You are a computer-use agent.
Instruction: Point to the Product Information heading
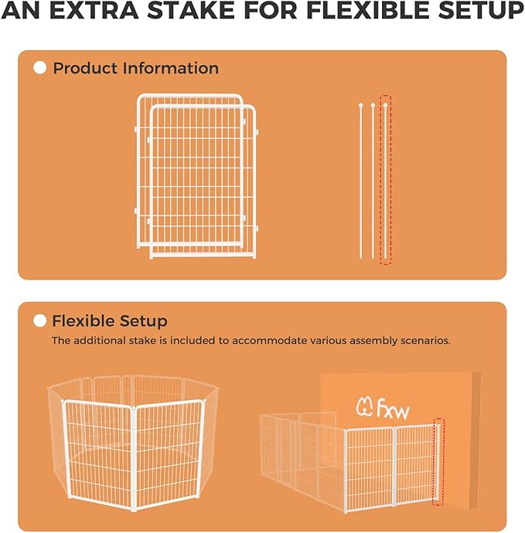point(135,68)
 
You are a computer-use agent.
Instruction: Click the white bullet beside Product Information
point(40,68)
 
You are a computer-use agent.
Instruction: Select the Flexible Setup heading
point(110,321)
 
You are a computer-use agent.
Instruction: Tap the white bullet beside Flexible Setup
point(40,321)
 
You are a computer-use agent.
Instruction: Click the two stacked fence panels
point(196,176)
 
